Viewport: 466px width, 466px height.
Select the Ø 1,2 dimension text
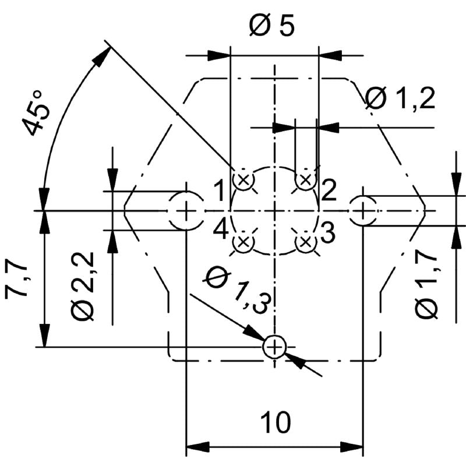[401, 100]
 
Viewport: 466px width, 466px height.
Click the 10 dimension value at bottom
[274, 422]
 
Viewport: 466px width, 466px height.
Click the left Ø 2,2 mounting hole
[186, 210]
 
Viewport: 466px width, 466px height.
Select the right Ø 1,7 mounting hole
[362, 210]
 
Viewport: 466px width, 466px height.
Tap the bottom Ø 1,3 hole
[274, 348]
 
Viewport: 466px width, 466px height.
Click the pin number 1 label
[219, 190]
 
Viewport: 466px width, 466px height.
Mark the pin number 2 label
[328, 190]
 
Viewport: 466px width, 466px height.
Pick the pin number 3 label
[327, 234]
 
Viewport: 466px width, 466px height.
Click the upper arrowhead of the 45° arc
[103, 56]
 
